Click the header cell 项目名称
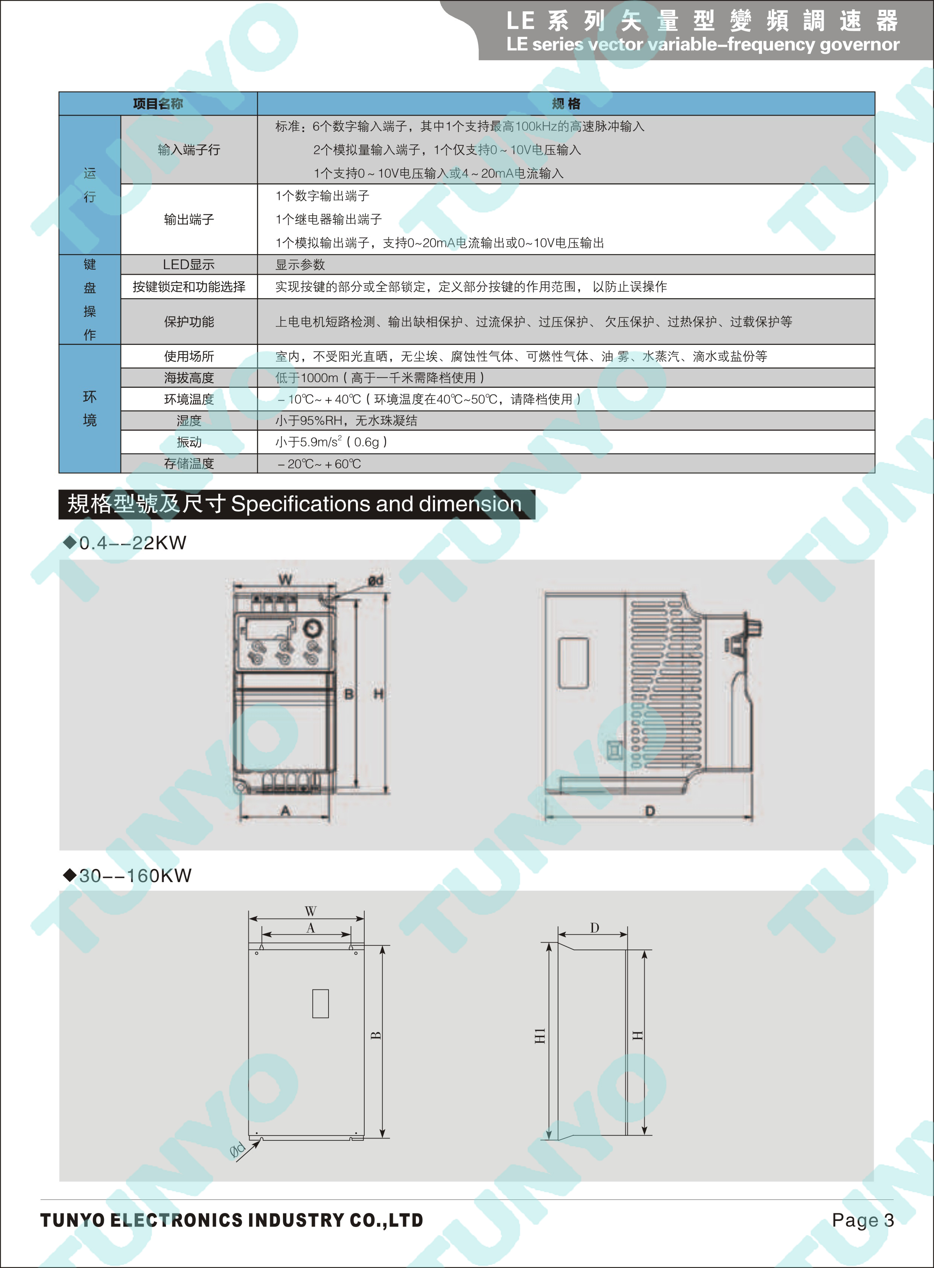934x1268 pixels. click(x=158, y=104)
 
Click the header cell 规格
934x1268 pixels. click(x=566, y=104)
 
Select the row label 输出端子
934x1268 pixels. click(x=189, y=219)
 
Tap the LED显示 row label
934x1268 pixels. click(x=189, y=265)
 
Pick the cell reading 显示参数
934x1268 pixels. click(x=300, y=265)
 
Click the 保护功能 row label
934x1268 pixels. click(x=189, y=322)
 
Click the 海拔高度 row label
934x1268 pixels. click(x=189, y=378)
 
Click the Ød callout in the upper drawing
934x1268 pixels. click(x=376, y=581)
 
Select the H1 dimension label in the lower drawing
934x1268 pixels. click(x=540, y=1036)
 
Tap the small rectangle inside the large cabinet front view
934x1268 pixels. click(x=321, y=1003)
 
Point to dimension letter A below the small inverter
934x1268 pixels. click(x=286, y=811)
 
